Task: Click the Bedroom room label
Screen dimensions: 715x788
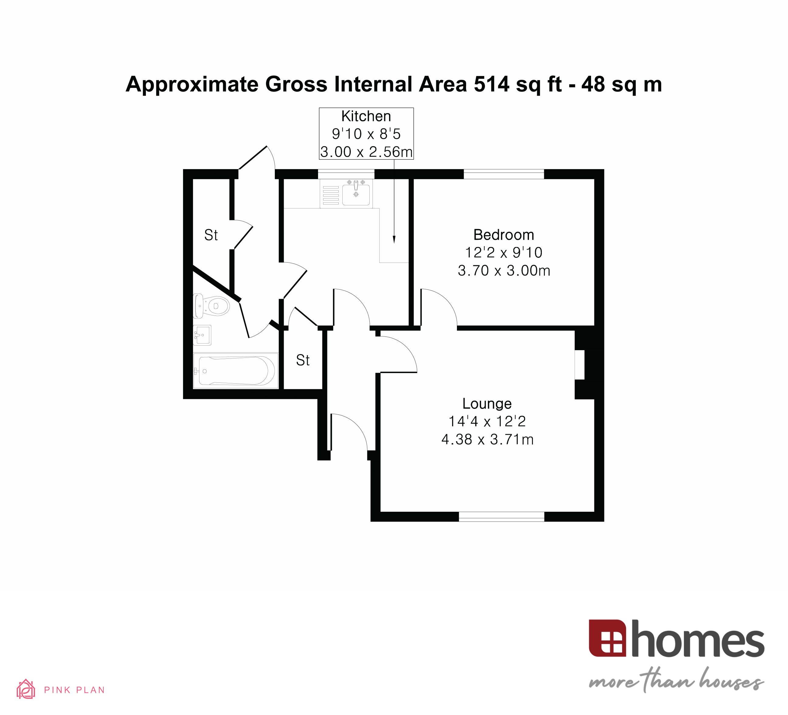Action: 503,235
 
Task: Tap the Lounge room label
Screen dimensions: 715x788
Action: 487,403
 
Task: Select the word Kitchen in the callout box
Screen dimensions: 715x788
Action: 366,116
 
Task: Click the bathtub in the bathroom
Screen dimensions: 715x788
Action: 236,370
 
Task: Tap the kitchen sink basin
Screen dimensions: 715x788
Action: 356,195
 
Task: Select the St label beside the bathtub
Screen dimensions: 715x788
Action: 302,360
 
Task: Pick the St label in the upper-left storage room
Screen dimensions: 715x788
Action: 211,235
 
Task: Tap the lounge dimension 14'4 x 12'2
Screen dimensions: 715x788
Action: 487,421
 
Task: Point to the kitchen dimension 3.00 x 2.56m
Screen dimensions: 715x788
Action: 366,152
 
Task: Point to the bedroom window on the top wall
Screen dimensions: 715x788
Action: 503,174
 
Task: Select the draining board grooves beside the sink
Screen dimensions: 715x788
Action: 331,195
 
